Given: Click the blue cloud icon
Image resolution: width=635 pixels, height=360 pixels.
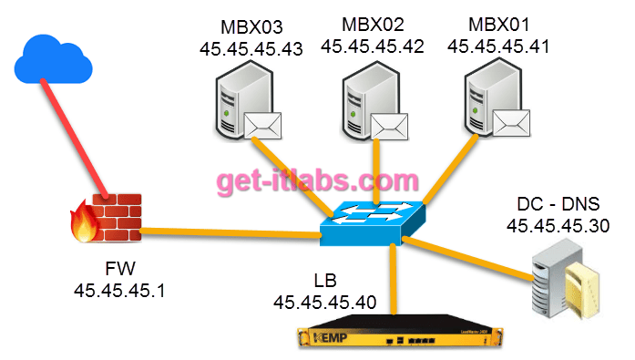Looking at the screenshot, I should (54, 58).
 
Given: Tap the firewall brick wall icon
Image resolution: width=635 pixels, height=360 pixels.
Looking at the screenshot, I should (117, 220).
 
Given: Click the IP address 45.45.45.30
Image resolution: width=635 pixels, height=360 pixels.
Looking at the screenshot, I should (558, 225).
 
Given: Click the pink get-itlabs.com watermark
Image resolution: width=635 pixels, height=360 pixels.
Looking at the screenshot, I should (317, 180).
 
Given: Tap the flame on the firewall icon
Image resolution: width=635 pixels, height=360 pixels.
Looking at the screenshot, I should (83, 224).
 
